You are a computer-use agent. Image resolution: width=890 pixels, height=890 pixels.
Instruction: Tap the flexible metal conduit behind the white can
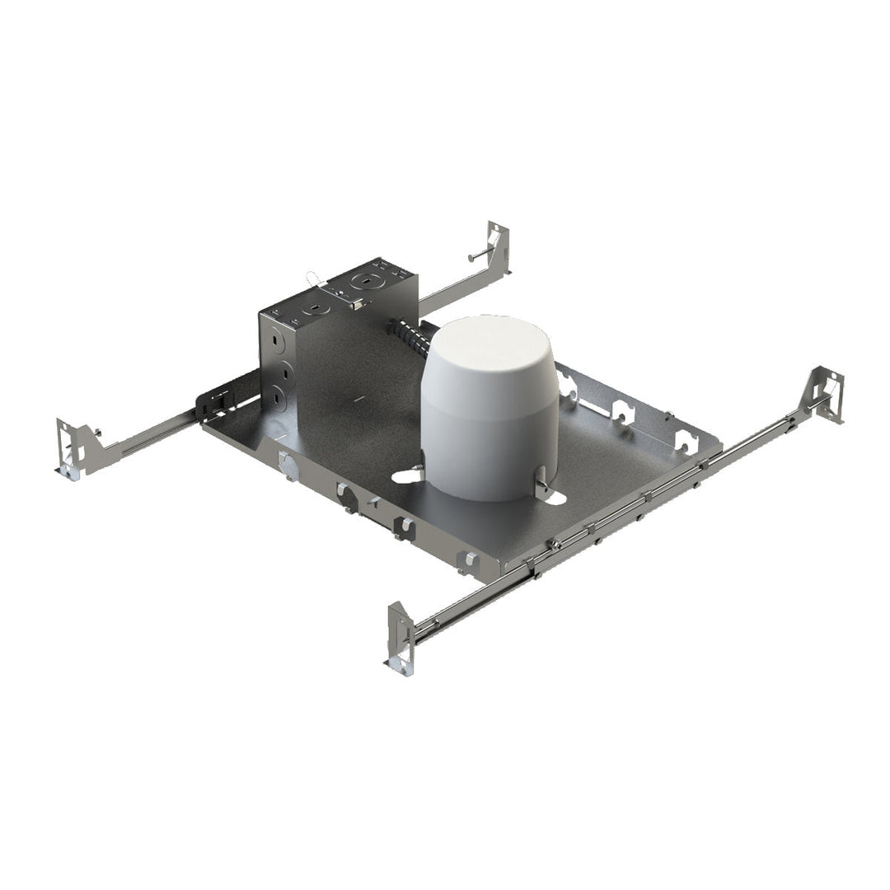409,339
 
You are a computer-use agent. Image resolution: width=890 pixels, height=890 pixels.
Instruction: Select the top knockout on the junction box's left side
277,340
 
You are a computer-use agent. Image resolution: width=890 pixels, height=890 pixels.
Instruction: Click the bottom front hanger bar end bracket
400,638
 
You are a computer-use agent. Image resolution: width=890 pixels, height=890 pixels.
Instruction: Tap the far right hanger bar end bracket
824,396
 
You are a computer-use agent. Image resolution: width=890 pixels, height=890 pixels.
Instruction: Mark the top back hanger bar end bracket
498,246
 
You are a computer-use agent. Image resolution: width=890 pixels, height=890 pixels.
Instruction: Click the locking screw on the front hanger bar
557,543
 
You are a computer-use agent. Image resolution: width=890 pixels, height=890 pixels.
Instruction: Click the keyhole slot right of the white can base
552,496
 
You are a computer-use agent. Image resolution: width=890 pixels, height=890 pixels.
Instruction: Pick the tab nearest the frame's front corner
468,560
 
